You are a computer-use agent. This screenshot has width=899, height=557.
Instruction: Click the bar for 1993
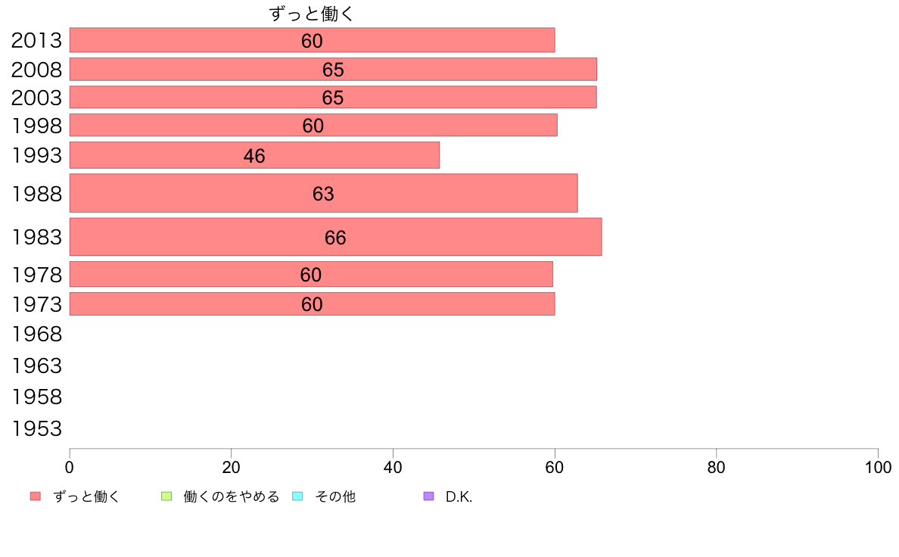254,155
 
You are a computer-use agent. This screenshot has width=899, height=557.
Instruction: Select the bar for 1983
335,237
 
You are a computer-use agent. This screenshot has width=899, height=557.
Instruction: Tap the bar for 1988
323,193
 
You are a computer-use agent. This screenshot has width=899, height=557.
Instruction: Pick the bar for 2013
312,40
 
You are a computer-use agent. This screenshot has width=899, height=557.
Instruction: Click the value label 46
254,156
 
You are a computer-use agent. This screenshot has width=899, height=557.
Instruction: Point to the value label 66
335,238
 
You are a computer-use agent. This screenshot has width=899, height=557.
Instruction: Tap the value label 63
323,194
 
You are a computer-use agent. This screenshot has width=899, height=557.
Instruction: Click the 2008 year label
36,70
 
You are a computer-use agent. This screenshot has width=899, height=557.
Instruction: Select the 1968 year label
36,333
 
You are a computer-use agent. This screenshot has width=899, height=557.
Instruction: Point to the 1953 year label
36,429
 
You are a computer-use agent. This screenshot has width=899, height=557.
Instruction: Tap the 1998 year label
36,126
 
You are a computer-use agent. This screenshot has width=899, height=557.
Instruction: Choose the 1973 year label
36,304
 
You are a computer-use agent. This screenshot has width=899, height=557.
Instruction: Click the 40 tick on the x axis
393,468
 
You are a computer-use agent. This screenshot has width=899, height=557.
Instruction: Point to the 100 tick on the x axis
877,468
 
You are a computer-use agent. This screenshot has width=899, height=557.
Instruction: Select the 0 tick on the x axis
70,468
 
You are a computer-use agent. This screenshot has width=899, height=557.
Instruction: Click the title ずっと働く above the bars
312,14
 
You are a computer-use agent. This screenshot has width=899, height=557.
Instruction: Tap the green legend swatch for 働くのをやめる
166,496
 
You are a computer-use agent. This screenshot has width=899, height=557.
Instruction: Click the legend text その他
335,497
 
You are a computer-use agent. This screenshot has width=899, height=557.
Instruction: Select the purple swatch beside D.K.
429,496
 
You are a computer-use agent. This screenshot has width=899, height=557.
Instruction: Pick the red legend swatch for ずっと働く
36,496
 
